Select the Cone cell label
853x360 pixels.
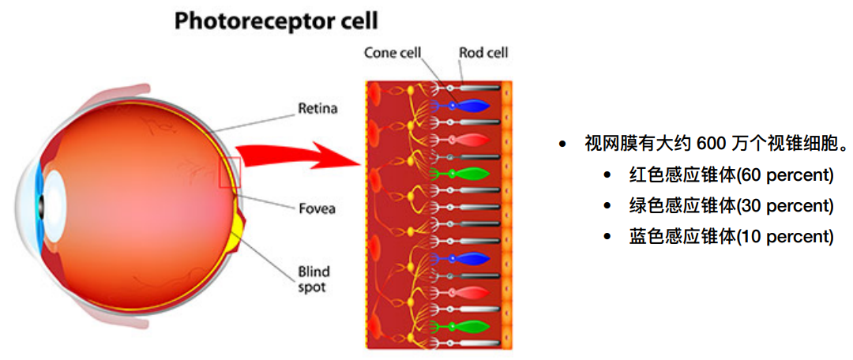(x=393, y=53)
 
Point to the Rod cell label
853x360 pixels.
(x=483, y=53)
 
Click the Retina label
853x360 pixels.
(x=317, y=108)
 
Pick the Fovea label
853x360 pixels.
(x=316, y=208)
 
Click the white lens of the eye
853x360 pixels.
(x=55, y=197)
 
